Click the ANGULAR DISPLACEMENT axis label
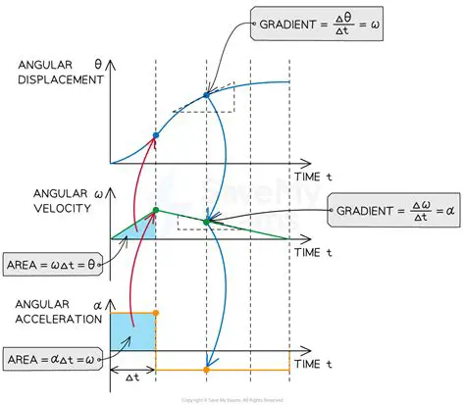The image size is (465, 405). pyautogui.click(x=62, y=73)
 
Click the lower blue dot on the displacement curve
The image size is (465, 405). pyautogui.click(x=155, y=134)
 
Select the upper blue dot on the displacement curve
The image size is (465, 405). pyautogui.click(x=206, y=96)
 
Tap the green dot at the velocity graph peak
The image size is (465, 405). pyautogui.click(x=155, y=208)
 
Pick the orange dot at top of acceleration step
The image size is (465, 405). pyautogui.click(x=155, y=313)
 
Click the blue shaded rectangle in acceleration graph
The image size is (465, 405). pyautogui.click(x=132, y=331)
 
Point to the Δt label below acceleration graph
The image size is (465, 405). pyautogui.click(x=132, y=379)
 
